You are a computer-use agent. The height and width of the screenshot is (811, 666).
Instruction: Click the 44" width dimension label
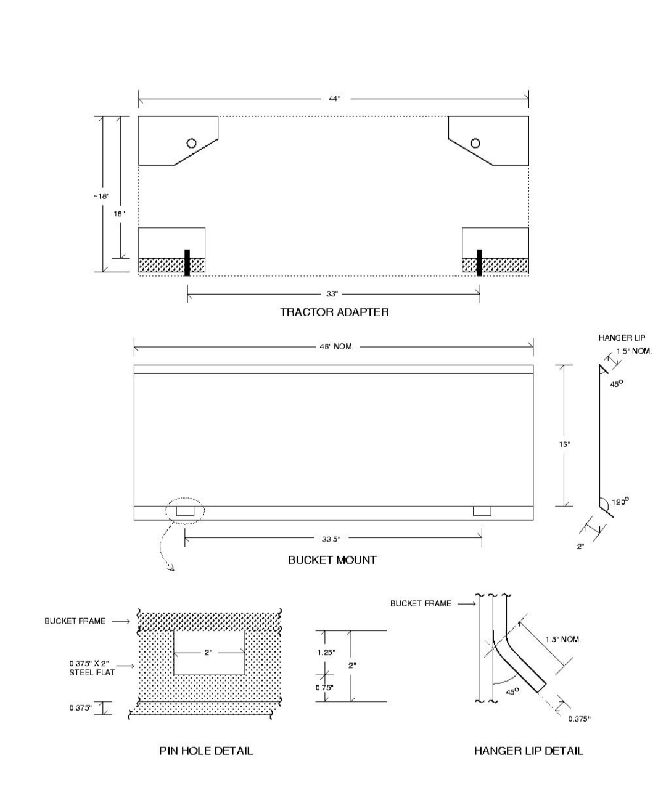334,99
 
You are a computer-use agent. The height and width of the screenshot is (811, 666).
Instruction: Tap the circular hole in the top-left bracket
192,143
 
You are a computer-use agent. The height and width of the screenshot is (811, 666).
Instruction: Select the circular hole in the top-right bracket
475,143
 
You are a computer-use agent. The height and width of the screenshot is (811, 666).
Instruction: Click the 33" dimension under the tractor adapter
332,294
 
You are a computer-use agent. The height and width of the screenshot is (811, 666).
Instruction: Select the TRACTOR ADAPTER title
334,312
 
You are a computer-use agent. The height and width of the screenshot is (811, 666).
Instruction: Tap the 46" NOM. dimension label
336,346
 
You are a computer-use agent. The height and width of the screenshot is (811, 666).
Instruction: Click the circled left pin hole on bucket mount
184,511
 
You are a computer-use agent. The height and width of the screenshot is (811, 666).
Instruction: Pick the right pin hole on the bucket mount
482,511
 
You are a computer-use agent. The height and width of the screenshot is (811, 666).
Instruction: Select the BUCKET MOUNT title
332,560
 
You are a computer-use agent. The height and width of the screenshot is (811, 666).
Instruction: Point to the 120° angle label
620,502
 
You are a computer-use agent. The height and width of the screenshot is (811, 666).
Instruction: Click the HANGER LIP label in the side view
622,338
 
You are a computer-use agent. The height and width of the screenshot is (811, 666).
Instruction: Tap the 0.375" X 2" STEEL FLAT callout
92,668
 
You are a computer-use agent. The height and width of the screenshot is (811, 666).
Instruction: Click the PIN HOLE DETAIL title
206,751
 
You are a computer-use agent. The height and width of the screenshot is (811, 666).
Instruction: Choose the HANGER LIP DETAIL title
528,751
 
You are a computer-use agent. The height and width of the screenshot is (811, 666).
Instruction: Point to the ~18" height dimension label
101,196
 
